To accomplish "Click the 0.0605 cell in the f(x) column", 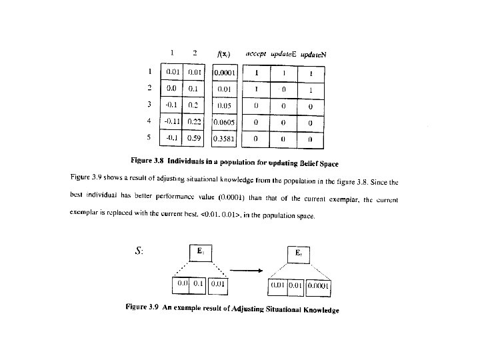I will point(225,123).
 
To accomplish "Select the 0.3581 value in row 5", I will point(225,139).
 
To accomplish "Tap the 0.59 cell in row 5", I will point(195,138).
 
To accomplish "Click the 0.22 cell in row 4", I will point(195,121).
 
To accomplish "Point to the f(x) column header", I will point(225,53).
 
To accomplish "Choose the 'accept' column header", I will point(257,53).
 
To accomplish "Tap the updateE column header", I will point(283,53).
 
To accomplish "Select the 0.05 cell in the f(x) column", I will point(225,105).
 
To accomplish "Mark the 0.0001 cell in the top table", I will point(225,72).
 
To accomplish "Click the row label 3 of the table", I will point(150,105).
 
